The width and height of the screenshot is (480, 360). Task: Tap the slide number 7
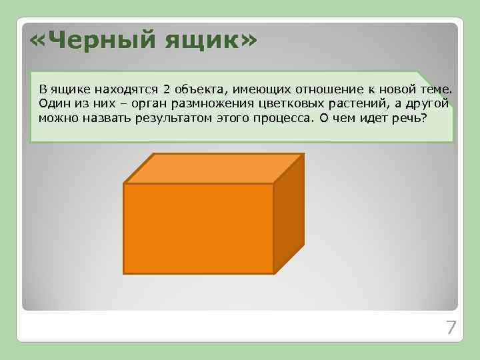[451, 327]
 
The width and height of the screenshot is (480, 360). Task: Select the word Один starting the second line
[52, 104]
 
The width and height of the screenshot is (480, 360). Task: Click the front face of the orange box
[199, 228]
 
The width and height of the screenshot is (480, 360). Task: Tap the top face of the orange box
[213, 168]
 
